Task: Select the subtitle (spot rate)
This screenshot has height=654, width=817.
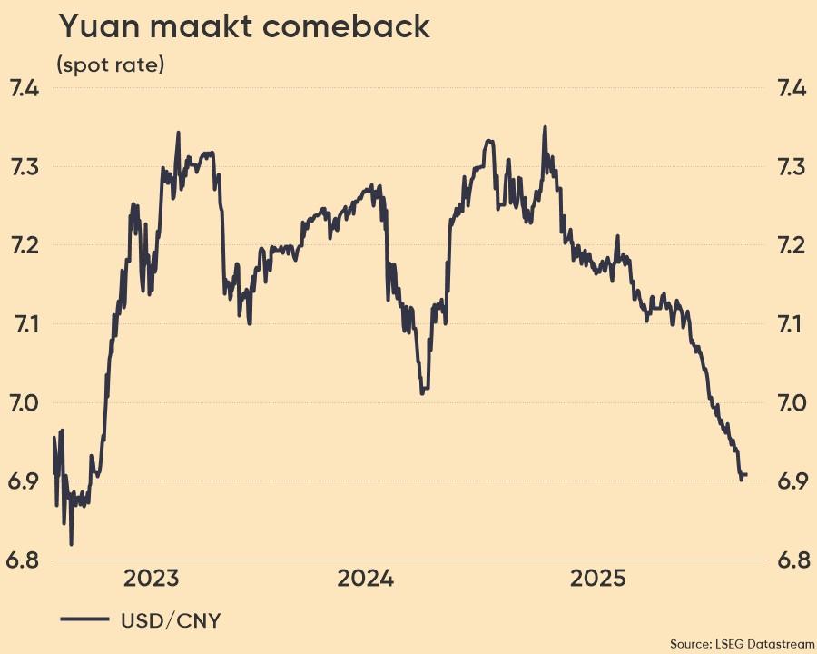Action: pos(110,65)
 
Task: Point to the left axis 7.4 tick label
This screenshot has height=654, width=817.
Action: pos(24,89)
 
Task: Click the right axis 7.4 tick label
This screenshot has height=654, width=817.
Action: pos(792,89)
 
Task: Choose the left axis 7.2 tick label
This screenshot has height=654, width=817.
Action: pos(24,245)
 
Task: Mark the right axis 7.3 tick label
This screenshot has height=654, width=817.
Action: pos(792,167)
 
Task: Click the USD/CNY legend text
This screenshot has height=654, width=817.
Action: pos(171,620)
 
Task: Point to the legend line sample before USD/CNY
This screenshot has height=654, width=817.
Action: pos(84,620)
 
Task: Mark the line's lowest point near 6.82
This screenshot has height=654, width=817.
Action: pos(71,543)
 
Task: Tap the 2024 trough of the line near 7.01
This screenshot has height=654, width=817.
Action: pos(423,391)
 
